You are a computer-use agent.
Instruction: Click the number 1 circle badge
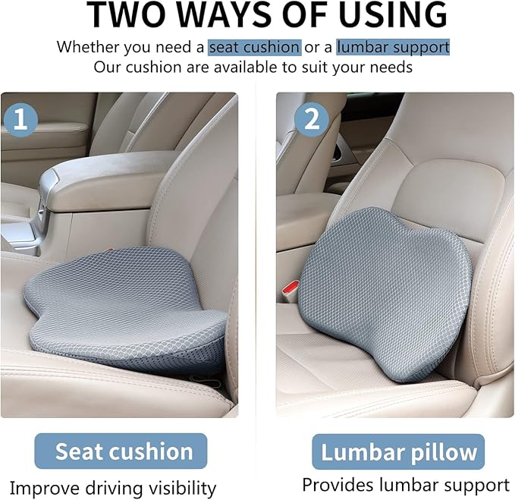pos(20,119)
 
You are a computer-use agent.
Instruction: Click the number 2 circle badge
pos(312,119)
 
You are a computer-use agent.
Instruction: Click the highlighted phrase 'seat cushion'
pos(255,47)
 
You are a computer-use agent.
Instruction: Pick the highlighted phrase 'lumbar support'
pos(393,47)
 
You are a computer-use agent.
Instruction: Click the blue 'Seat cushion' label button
pos(121,451)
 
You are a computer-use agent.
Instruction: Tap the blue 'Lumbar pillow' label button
pos(398,452)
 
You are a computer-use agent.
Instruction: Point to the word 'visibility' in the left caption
pos(183,488)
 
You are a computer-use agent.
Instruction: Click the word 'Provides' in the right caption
pos(338,485)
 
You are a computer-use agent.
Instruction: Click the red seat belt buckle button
pos(290,288)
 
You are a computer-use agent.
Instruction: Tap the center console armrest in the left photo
pos(108,178)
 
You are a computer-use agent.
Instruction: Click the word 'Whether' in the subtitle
pos(88,47)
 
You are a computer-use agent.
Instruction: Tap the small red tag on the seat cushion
pos(108,250)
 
